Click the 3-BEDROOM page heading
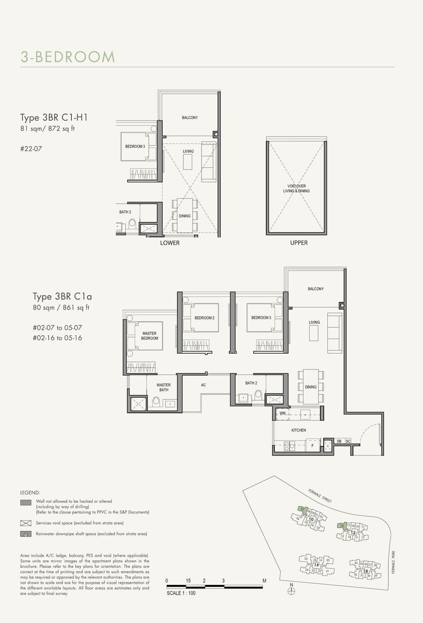[x=67, y=57]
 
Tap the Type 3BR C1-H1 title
[x=54, y=117]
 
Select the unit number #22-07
[x=31, y=149]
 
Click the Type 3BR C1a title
[x=62, y=296]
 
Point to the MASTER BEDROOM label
[x=149, y=336]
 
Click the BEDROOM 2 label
[x=204, y=318]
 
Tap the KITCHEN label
[x=299, y=430]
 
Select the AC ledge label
[x=203, y=385]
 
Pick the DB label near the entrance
[x=339, y=441]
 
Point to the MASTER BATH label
[x=163, y=387]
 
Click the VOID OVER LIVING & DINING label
[x=296, y=189]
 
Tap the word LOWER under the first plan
[x=170, y=243]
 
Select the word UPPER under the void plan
[x=299, y=243]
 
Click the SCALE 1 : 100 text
[x=181, y=593]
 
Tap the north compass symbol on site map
[x=291, y=590]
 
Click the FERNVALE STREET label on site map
[x=320, y=495]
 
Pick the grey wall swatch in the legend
[x=26, y=502]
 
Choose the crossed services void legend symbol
[x=26, y=523]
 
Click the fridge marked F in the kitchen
[x=312, y=446]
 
